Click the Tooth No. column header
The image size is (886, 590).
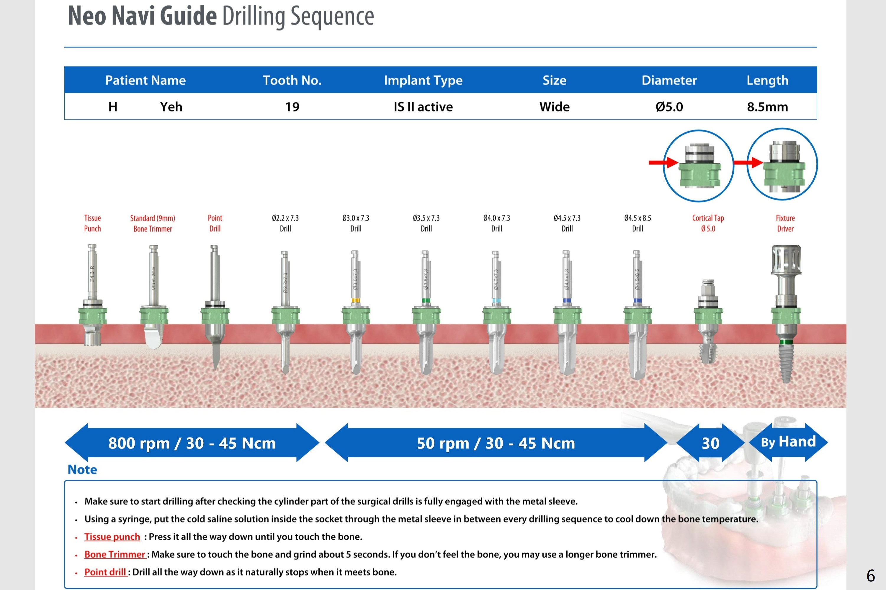tap(292, 80)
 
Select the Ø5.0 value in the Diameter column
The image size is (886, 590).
tap(669, 107)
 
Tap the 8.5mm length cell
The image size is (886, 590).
tap(767, 107)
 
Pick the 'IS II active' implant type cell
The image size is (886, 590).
tap(423, 107)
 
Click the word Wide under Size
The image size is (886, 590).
tap(554, 107)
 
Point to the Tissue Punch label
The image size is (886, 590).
tap(92, 223)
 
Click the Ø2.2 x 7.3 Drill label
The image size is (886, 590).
tap(285, 223)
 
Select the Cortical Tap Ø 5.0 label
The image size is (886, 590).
tap(708, 223)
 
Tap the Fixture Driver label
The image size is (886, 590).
tap(785, 223)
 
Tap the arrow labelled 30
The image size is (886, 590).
tap(710, 443)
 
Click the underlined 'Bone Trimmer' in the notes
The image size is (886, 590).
tap(115, 554)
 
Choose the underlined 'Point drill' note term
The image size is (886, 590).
tap(105, 572)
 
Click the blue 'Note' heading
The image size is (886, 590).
tap(82, 470)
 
